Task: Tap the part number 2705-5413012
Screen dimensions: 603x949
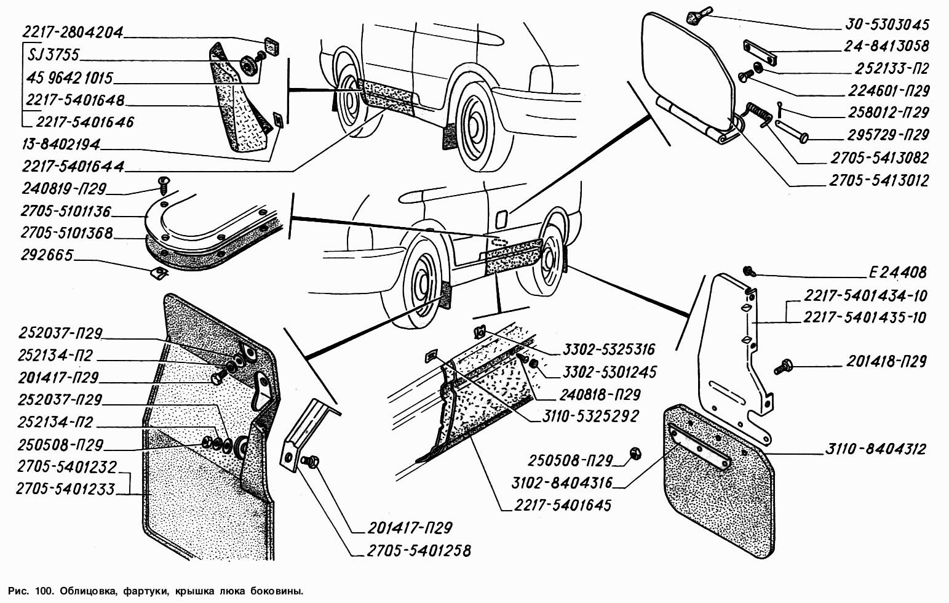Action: coord(878,181)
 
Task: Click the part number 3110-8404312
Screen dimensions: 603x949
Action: coord(876,450)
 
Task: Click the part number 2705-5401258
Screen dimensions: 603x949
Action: coord(420,549)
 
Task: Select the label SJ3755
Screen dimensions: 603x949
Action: coord(54,55)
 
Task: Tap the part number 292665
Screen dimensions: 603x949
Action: coord(46,255)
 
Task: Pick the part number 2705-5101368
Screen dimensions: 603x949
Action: coord(66,233)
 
